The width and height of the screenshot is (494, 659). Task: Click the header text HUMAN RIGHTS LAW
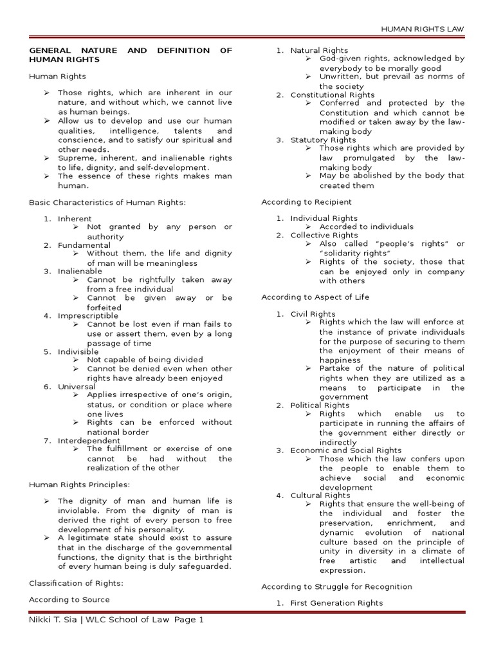[x=422, y=30]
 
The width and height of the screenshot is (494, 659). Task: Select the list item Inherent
[x=75, y=219]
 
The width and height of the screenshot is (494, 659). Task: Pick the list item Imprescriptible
[x=88, y=316]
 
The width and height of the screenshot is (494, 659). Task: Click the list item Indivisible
[x=78, y=352]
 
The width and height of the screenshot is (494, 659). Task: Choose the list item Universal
[x=77, y=387]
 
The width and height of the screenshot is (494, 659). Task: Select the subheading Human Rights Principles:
[x=80, y=485]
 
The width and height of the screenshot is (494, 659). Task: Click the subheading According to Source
[x=69, y=600]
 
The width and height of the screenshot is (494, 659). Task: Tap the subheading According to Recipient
[x=309, y=202]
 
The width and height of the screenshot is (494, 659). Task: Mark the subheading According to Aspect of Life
[x=315, y=297]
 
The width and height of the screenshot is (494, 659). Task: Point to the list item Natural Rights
[x=319, y=50]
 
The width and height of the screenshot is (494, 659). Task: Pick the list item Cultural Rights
[x=320, y=496]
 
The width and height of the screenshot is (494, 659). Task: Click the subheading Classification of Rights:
[x=76, y=583]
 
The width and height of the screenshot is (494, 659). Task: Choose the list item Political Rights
[x=320, y=406]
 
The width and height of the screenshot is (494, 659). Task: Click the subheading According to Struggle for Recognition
[x=336, y=587]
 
